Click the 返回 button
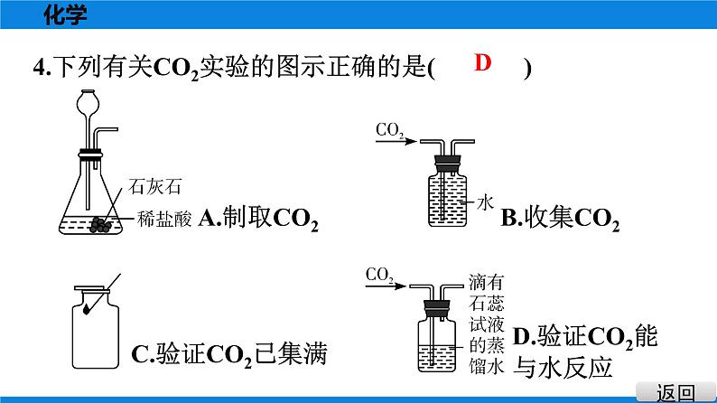coord(675,391)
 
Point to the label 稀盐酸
coord(164,217)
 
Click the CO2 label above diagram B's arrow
coord(389,131)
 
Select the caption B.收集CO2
coord(560,219)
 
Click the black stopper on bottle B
coord(446,163)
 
